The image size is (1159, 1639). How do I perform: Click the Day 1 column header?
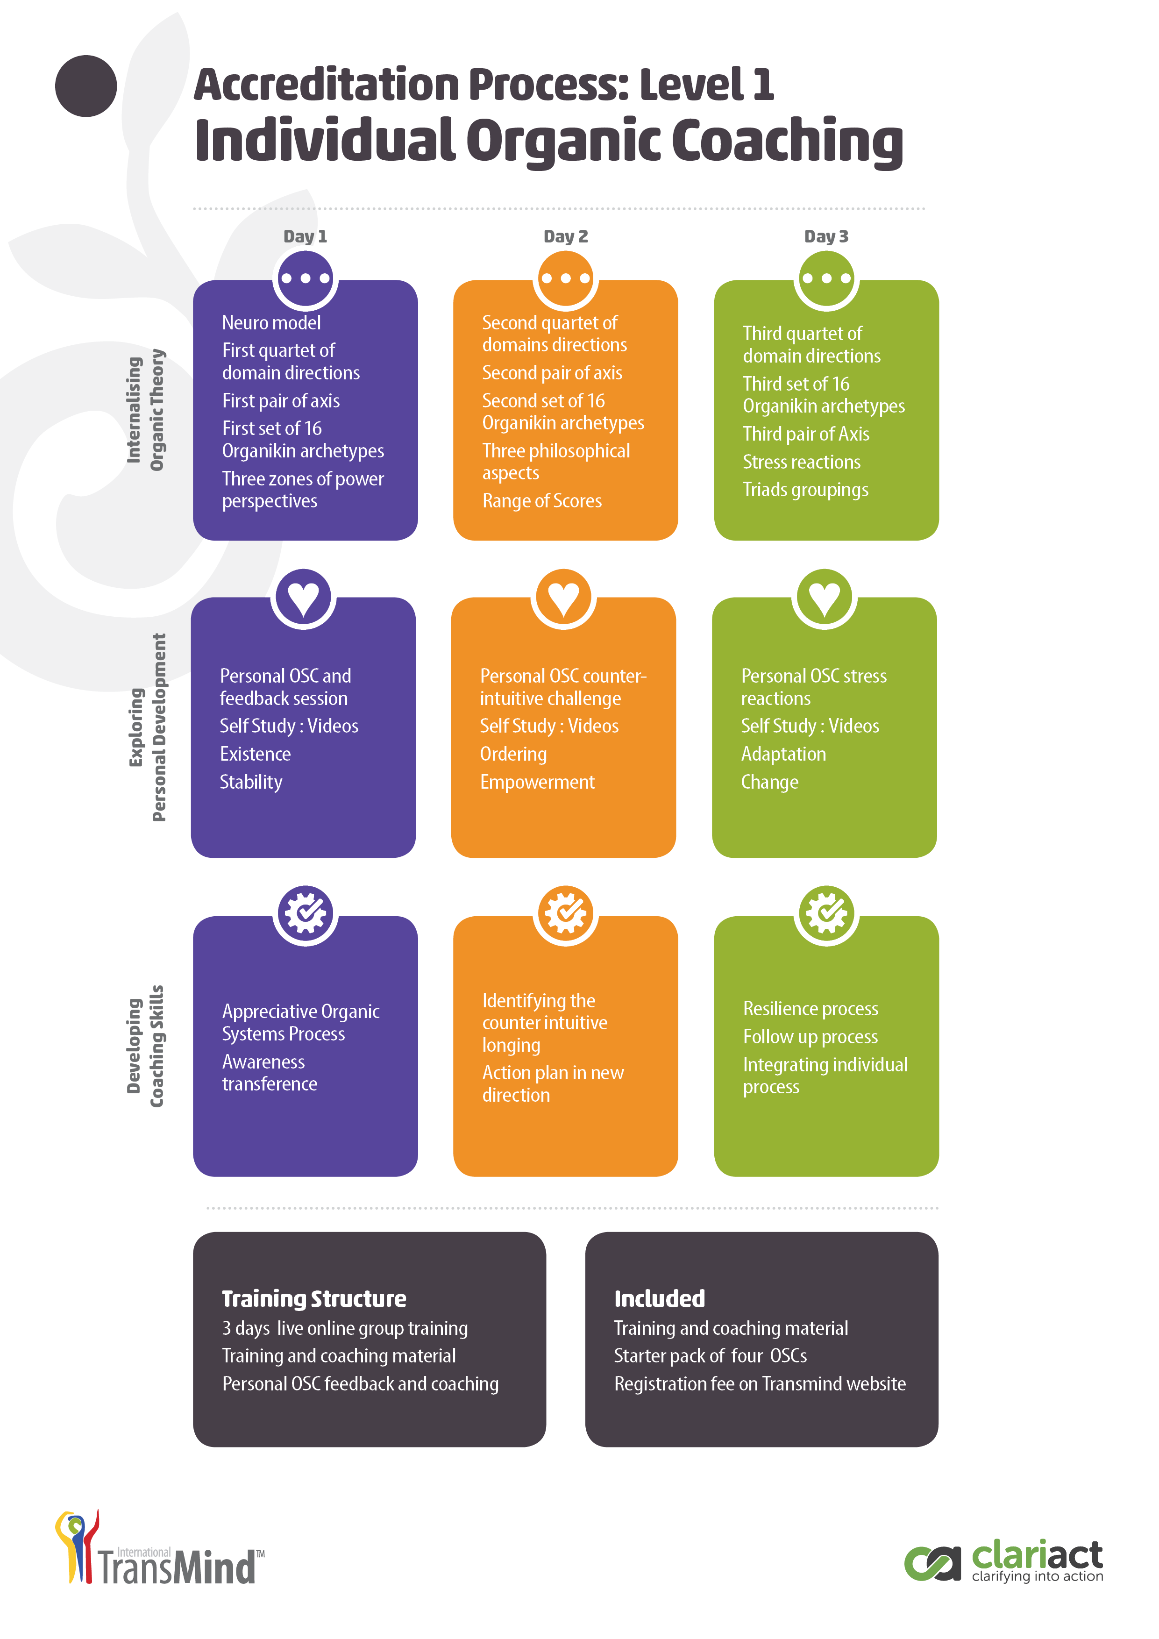point(305,236)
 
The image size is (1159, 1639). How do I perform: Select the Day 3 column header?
point(826,236)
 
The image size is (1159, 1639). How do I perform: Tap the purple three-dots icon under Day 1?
point(306,278)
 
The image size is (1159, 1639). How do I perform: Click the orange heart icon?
point(564,598)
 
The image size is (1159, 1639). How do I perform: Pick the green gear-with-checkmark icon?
point(826,914)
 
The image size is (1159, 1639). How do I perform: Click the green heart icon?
point(825,598)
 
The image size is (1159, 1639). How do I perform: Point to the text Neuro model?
point(271,323)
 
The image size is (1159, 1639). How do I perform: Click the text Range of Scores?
point(542,501)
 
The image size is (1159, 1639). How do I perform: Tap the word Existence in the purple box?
point(255,754)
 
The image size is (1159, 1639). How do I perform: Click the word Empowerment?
point(537,783)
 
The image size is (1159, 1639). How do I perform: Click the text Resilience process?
point(810,1009)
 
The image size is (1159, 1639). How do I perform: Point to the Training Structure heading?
point(314,1298)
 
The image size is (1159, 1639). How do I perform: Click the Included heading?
point(660,1298)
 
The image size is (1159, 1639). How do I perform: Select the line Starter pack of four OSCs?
point(710,1355)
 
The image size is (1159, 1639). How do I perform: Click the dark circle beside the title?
point(85,86)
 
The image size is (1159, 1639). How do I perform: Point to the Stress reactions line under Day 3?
point(802,462)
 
